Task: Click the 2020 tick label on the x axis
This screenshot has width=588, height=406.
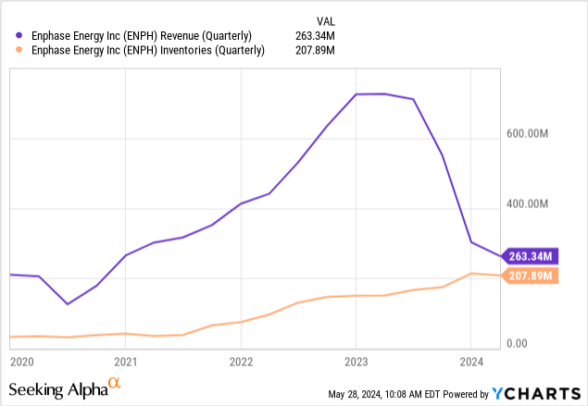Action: tap(21, 362)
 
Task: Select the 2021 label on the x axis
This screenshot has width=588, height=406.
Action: tap(126, 362)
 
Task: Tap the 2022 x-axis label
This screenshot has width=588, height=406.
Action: tap(241, 362)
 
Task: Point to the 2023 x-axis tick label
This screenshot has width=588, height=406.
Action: tap(357, 362)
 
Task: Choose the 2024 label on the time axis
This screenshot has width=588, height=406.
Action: tap(471, 362)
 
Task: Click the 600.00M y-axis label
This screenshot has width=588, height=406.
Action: tap(529, 134)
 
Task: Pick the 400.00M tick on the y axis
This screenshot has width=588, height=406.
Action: tap(529, 204)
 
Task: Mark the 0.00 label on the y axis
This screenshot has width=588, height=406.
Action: tap(517, 344)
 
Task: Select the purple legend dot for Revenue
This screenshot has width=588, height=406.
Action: tap(20, 36)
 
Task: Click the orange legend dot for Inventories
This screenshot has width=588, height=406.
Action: tap(20, 51)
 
